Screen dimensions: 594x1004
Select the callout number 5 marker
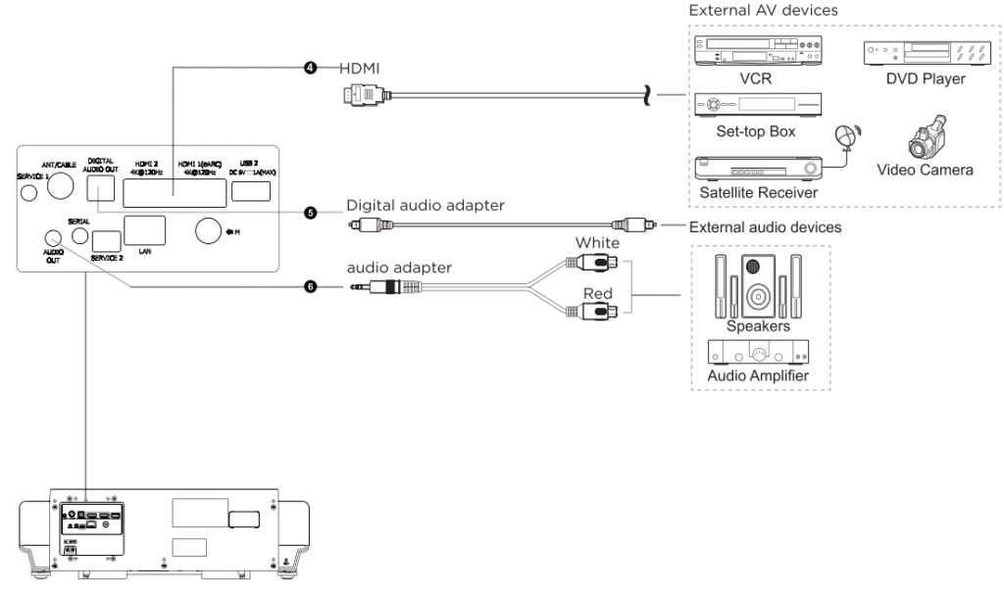(x=310, y=211)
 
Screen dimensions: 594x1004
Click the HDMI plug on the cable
(x=366, y=95)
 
